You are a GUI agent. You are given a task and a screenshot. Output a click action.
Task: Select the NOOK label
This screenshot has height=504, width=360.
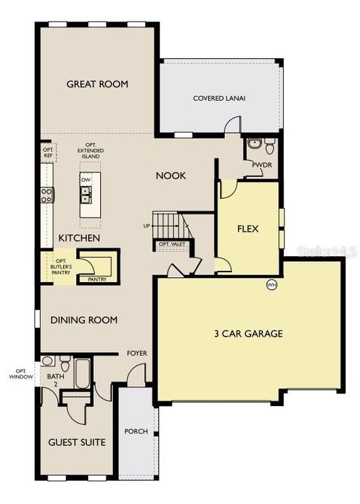171,176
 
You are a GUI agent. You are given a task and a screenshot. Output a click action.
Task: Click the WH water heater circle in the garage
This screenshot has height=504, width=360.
271,285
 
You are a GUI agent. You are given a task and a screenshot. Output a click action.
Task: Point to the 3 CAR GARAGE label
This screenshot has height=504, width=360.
248,334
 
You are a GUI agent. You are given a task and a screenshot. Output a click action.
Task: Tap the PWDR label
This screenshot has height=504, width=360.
263,166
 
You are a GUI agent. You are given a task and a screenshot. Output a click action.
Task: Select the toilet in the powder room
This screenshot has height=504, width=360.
270,146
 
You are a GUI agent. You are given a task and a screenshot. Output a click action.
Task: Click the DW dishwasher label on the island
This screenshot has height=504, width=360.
86,180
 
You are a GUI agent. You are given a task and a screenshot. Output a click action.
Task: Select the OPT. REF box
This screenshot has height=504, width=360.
48,153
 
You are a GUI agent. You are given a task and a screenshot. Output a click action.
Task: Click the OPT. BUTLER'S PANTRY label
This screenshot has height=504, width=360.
59,266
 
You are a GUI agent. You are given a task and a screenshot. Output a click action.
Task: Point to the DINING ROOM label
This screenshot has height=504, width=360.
83,321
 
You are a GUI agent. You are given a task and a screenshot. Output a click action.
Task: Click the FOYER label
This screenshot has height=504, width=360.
137,353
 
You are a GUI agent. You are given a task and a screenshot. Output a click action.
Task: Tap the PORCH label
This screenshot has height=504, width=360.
137,431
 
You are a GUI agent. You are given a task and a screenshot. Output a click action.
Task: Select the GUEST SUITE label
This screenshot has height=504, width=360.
77,442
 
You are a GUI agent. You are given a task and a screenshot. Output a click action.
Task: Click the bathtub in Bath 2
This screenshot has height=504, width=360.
82,373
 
